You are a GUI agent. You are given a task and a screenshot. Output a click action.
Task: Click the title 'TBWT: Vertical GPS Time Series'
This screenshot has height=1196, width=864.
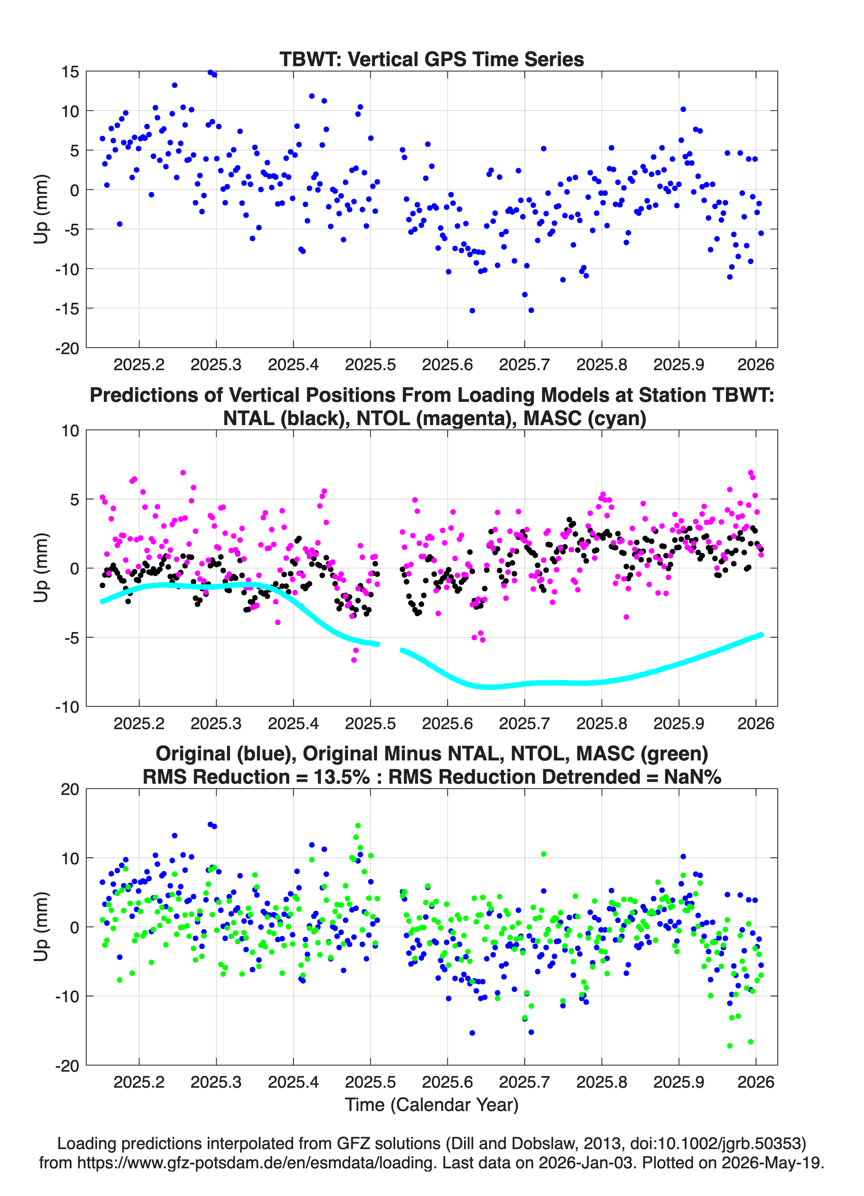coord(432,59)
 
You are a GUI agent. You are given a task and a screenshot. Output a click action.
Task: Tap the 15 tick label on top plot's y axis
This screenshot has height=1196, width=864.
coord(70,72)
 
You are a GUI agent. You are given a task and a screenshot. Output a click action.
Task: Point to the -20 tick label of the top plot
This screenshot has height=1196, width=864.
coord(67,349)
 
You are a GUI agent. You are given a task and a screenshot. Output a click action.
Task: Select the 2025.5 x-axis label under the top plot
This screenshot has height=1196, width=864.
coord(370,365)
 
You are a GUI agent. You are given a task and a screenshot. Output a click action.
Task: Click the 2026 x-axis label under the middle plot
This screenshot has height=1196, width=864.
coord(756,723)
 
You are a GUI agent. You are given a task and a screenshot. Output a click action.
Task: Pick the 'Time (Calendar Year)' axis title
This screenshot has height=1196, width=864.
coord(432,1104)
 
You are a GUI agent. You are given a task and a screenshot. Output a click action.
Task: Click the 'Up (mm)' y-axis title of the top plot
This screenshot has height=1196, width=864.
coord(41,209)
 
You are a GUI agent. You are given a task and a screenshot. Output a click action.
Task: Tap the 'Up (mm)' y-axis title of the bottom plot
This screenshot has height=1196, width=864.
coord(41,926)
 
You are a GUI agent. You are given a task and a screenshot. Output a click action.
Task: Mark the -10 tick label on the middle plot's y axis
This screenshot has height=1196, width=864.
coord(67,707)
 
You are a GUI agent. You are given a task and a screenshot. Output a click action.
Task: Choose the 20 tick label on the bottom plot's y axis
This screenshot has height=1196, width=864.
coord(70,789)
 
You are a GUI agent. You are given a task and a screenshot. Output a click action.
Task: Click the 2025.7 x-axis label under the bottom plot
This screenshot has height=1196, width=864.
coord(524,1082)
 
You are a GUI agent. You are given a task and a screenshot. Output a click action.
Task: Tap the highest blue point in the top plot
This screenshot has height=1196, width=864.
coord(210,72)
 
